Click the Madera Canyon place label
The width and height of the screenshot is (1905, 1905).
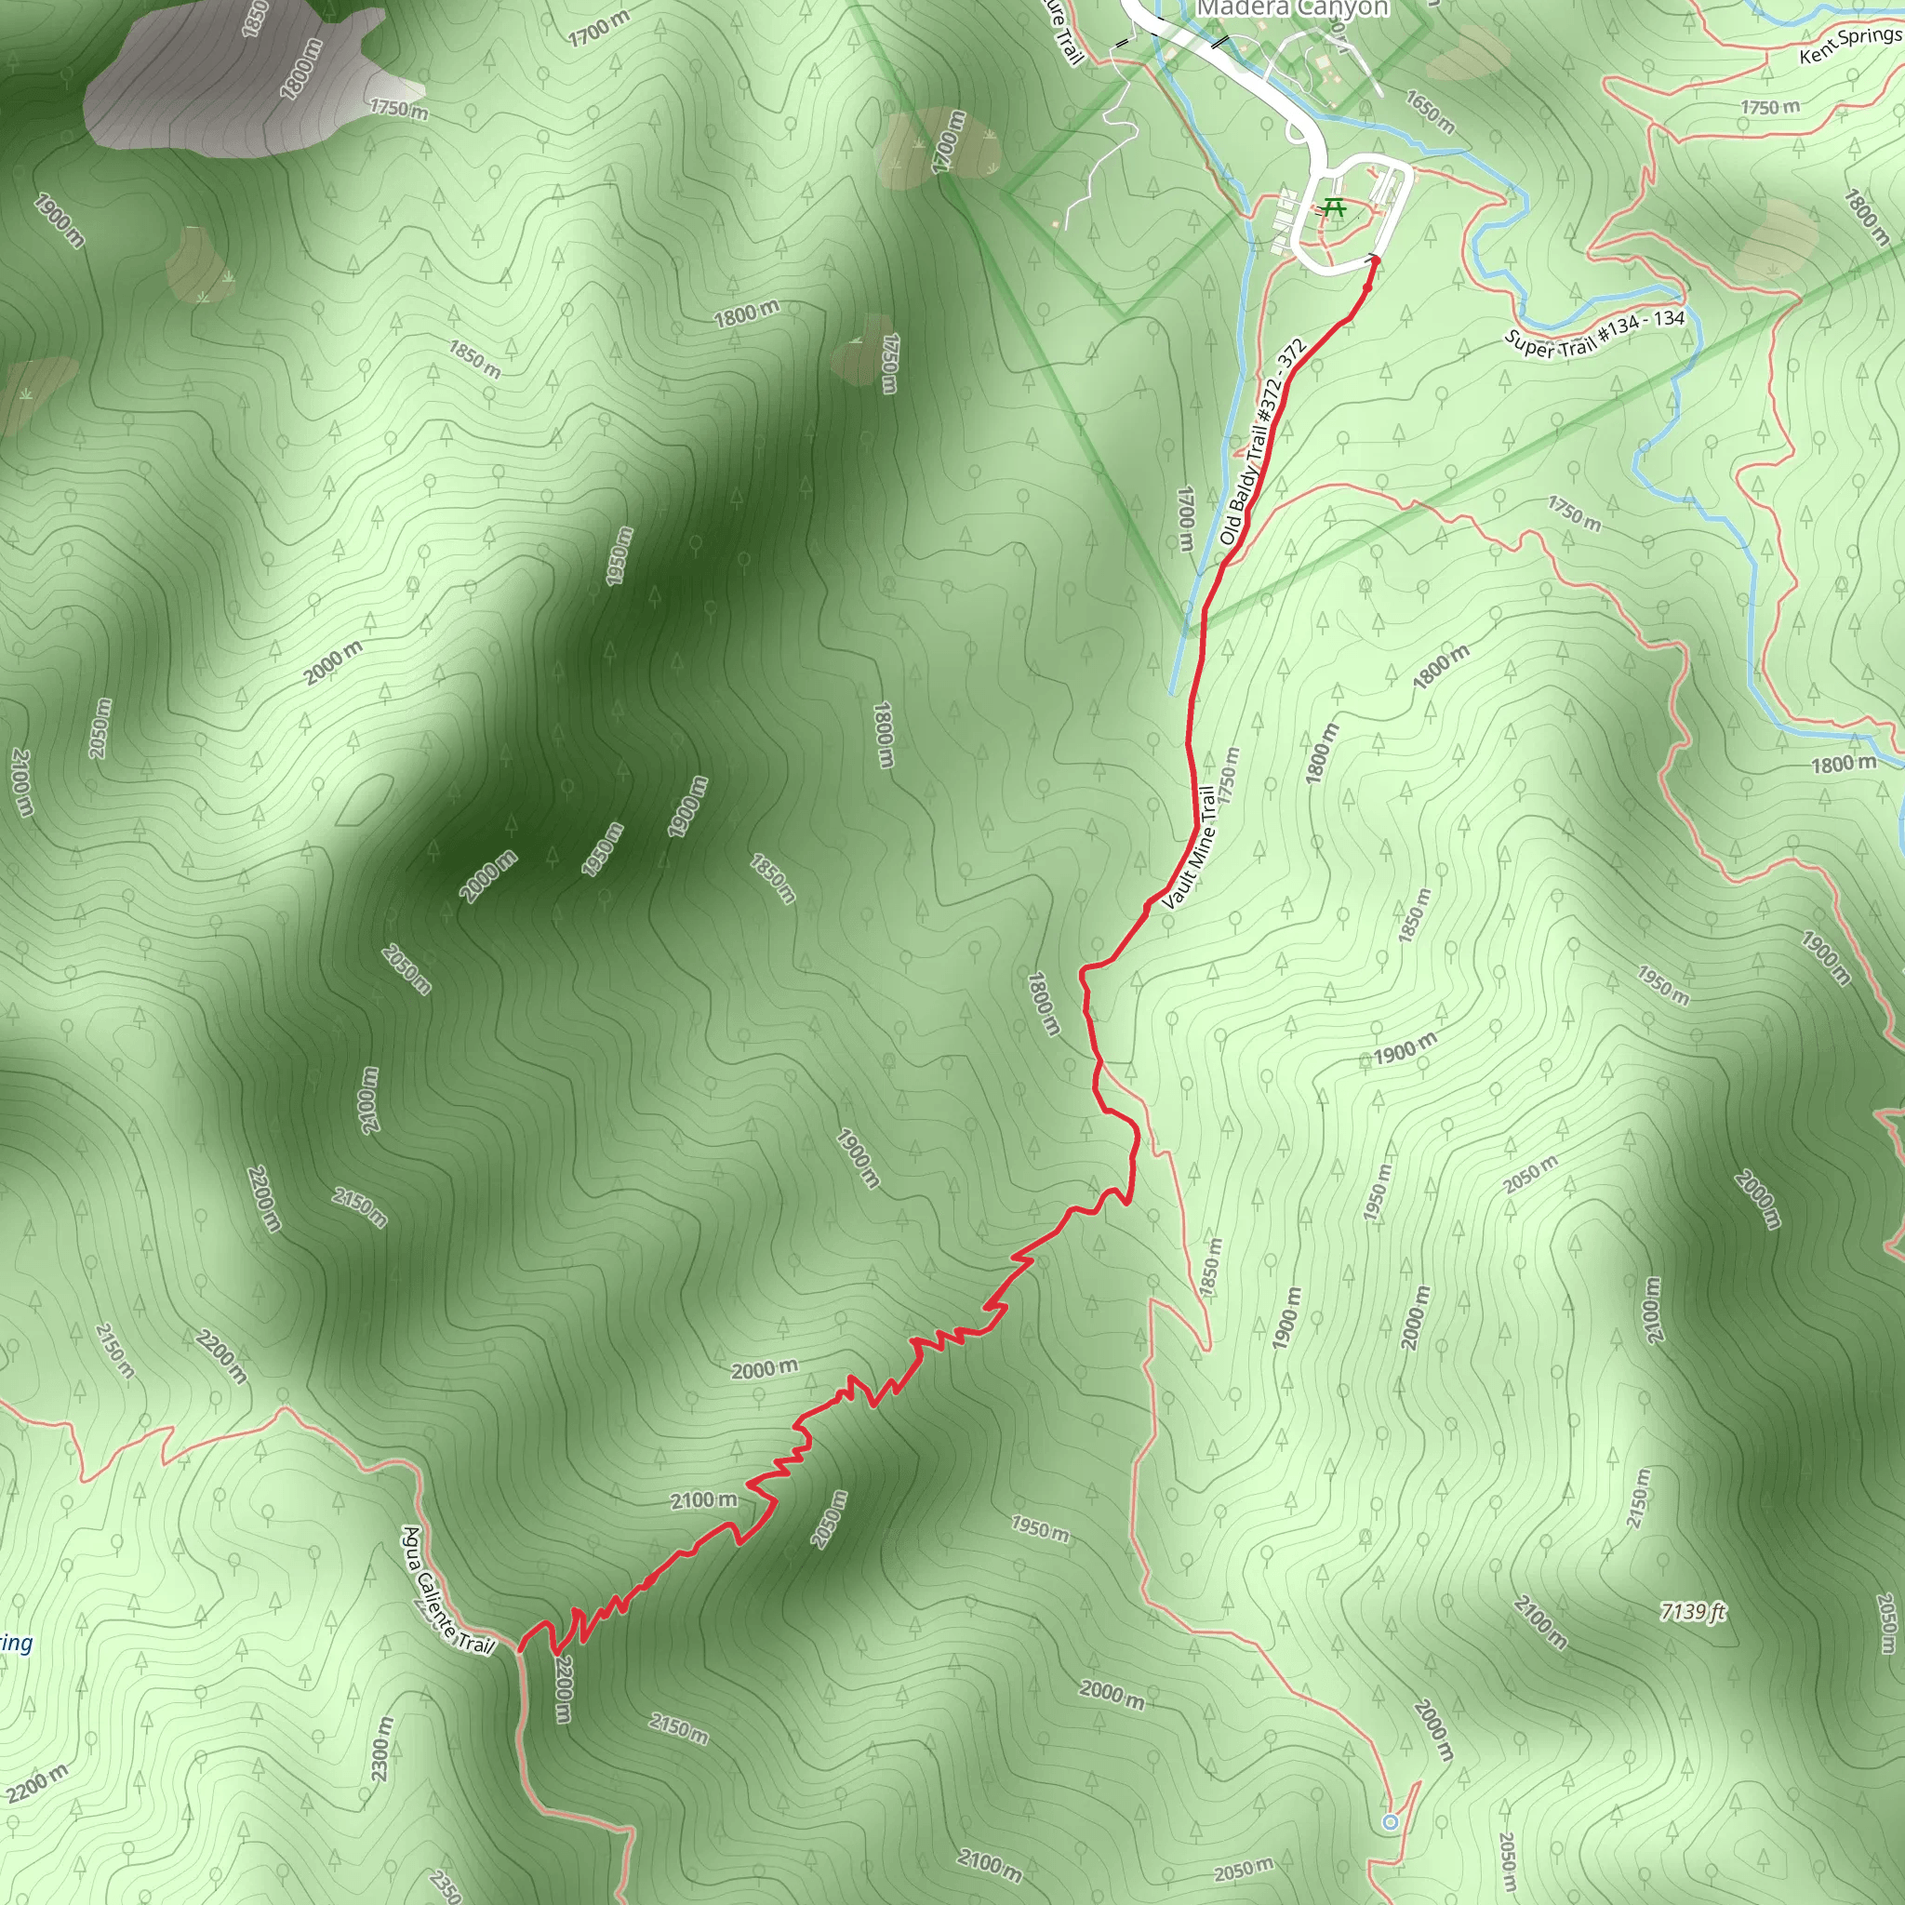[x=1292, y=9]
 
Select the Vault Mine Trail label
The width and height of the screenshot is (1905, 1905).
[x=1189, y=847]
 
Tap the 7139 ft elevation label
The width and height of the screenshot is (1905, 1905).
[x=1692, y=1611]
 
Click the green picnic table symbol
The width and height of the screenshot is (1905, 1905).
[x=1334, y=208]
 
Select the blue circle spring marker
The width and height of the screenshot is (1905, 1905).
[x=1391, y=1821]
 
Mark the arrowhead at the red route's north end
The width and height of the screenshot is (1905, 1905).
[x=1374, y=260]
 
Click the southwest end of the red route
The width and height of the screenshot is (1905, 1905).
[x=521, y=1647]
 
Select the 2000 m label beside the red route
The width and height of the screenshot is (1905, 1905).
[x=765, y=1369]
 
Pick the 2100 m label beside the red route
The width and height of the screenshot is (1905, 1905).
[x=703, y=1499]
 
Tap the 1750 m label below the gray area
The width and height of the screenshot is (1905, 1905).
[x=398, y=108]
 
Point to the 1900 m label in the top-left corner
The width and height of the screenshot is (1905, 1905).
[x=59, y=220]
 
